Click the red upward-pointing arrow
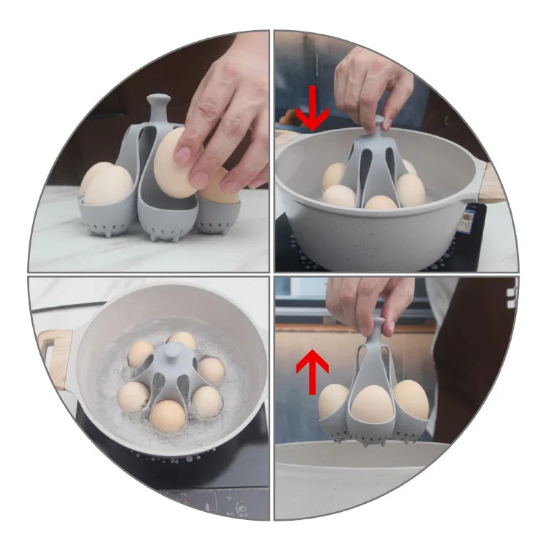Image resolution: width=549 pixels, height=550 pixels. point(312,371)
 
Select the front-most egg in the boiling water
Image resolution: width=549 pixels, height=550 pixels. point(168,415)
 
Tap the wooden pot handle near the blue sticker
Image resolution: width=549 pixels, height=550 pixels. point(491,184)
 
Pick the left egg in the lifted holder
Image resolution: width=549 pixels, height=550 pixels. point(334,401)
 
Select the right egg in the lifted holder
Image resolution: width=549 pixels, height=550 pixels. point(411,399)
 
